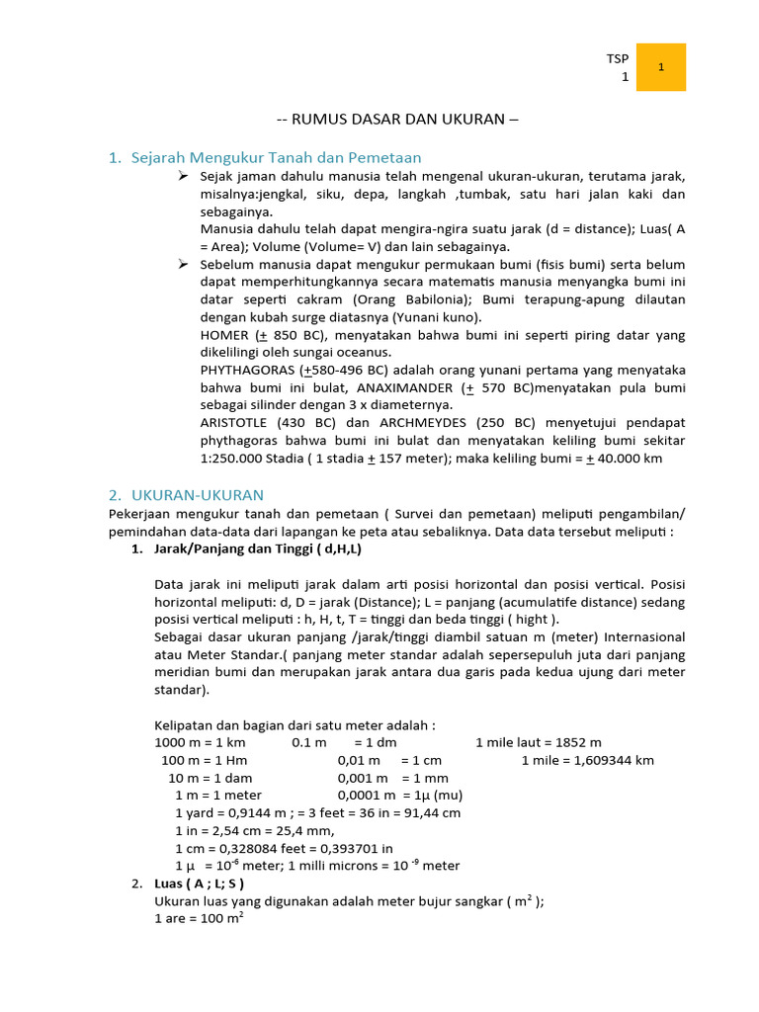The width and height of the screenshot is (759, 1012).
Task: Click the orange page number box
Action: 660,67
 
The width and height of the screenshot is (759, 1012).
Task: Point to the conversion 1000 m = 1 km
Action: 201,742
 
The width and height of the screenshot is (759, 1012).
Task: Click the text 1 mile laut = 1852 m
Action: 539,742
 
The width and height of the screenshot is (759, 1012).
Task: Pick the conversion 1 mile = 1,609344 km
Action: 587,760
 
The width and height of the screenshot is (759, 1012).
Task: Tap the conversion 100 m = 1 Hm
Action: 204,760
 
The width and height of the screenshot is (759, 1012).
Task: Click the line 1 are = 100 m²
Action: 200,917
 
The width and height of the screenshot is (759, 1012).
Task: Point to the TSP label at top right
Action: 618,59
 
